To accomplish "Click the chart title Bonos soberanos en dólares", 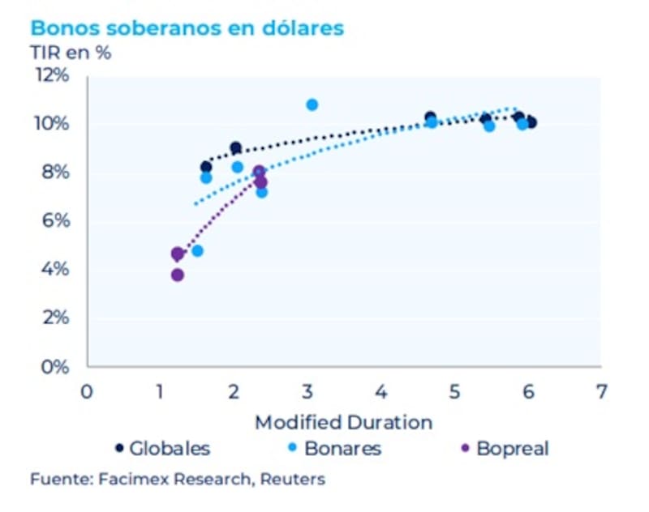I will [187, 28].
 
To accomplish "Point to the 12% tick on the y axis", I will [50, 75].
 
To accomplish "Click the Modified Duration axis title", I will [343, 422].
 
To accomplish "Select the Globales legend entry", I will [162, 448].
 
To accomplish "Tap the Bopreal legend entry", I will [503, 448].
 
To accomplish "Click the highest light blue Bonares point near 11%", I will [312, 105].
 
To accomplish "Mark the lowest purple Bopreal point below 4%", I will [178, 275].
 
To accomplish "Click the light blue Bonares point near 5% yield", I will [197, 250].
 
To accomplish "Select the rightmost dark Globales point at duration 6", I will [531, 122].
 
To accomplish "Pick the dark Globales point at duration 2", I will [235, 148].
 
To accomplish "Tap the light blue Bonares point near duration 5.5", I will [489, 126].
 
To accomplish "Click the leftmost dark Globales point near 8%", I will [206, 167].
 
